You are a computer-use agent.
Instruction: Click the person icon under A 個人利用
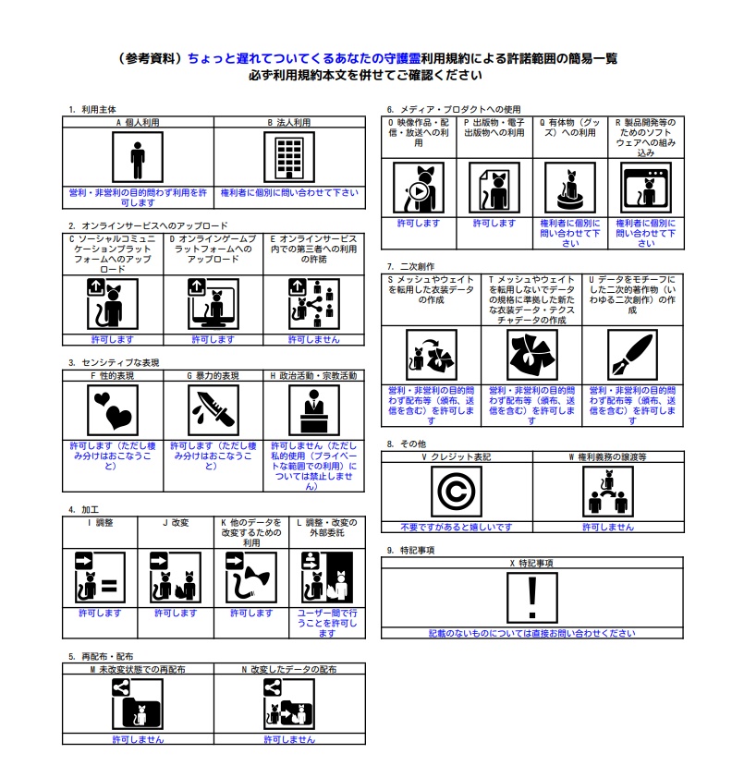pos(138,158)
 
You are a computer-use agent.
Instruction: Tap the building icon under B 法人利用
pos(289,158)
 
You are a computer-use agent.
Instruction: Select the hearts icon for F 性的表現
pos(112,409)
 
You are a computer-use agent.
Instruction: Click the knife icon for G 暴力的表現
pos(213,409)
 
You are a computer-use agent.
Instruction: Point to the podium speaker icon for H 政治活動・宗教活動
pos(313,409)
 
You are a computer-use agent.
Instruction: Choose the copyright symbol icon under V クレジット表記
pos(457,492)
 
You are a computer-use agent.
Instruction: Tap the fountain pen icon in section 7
pos(632,354)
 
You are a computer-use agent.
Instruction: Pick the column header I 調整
pos(100,522)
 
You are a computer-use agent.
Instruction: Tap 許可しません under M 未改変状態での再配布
pos(138,739)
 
